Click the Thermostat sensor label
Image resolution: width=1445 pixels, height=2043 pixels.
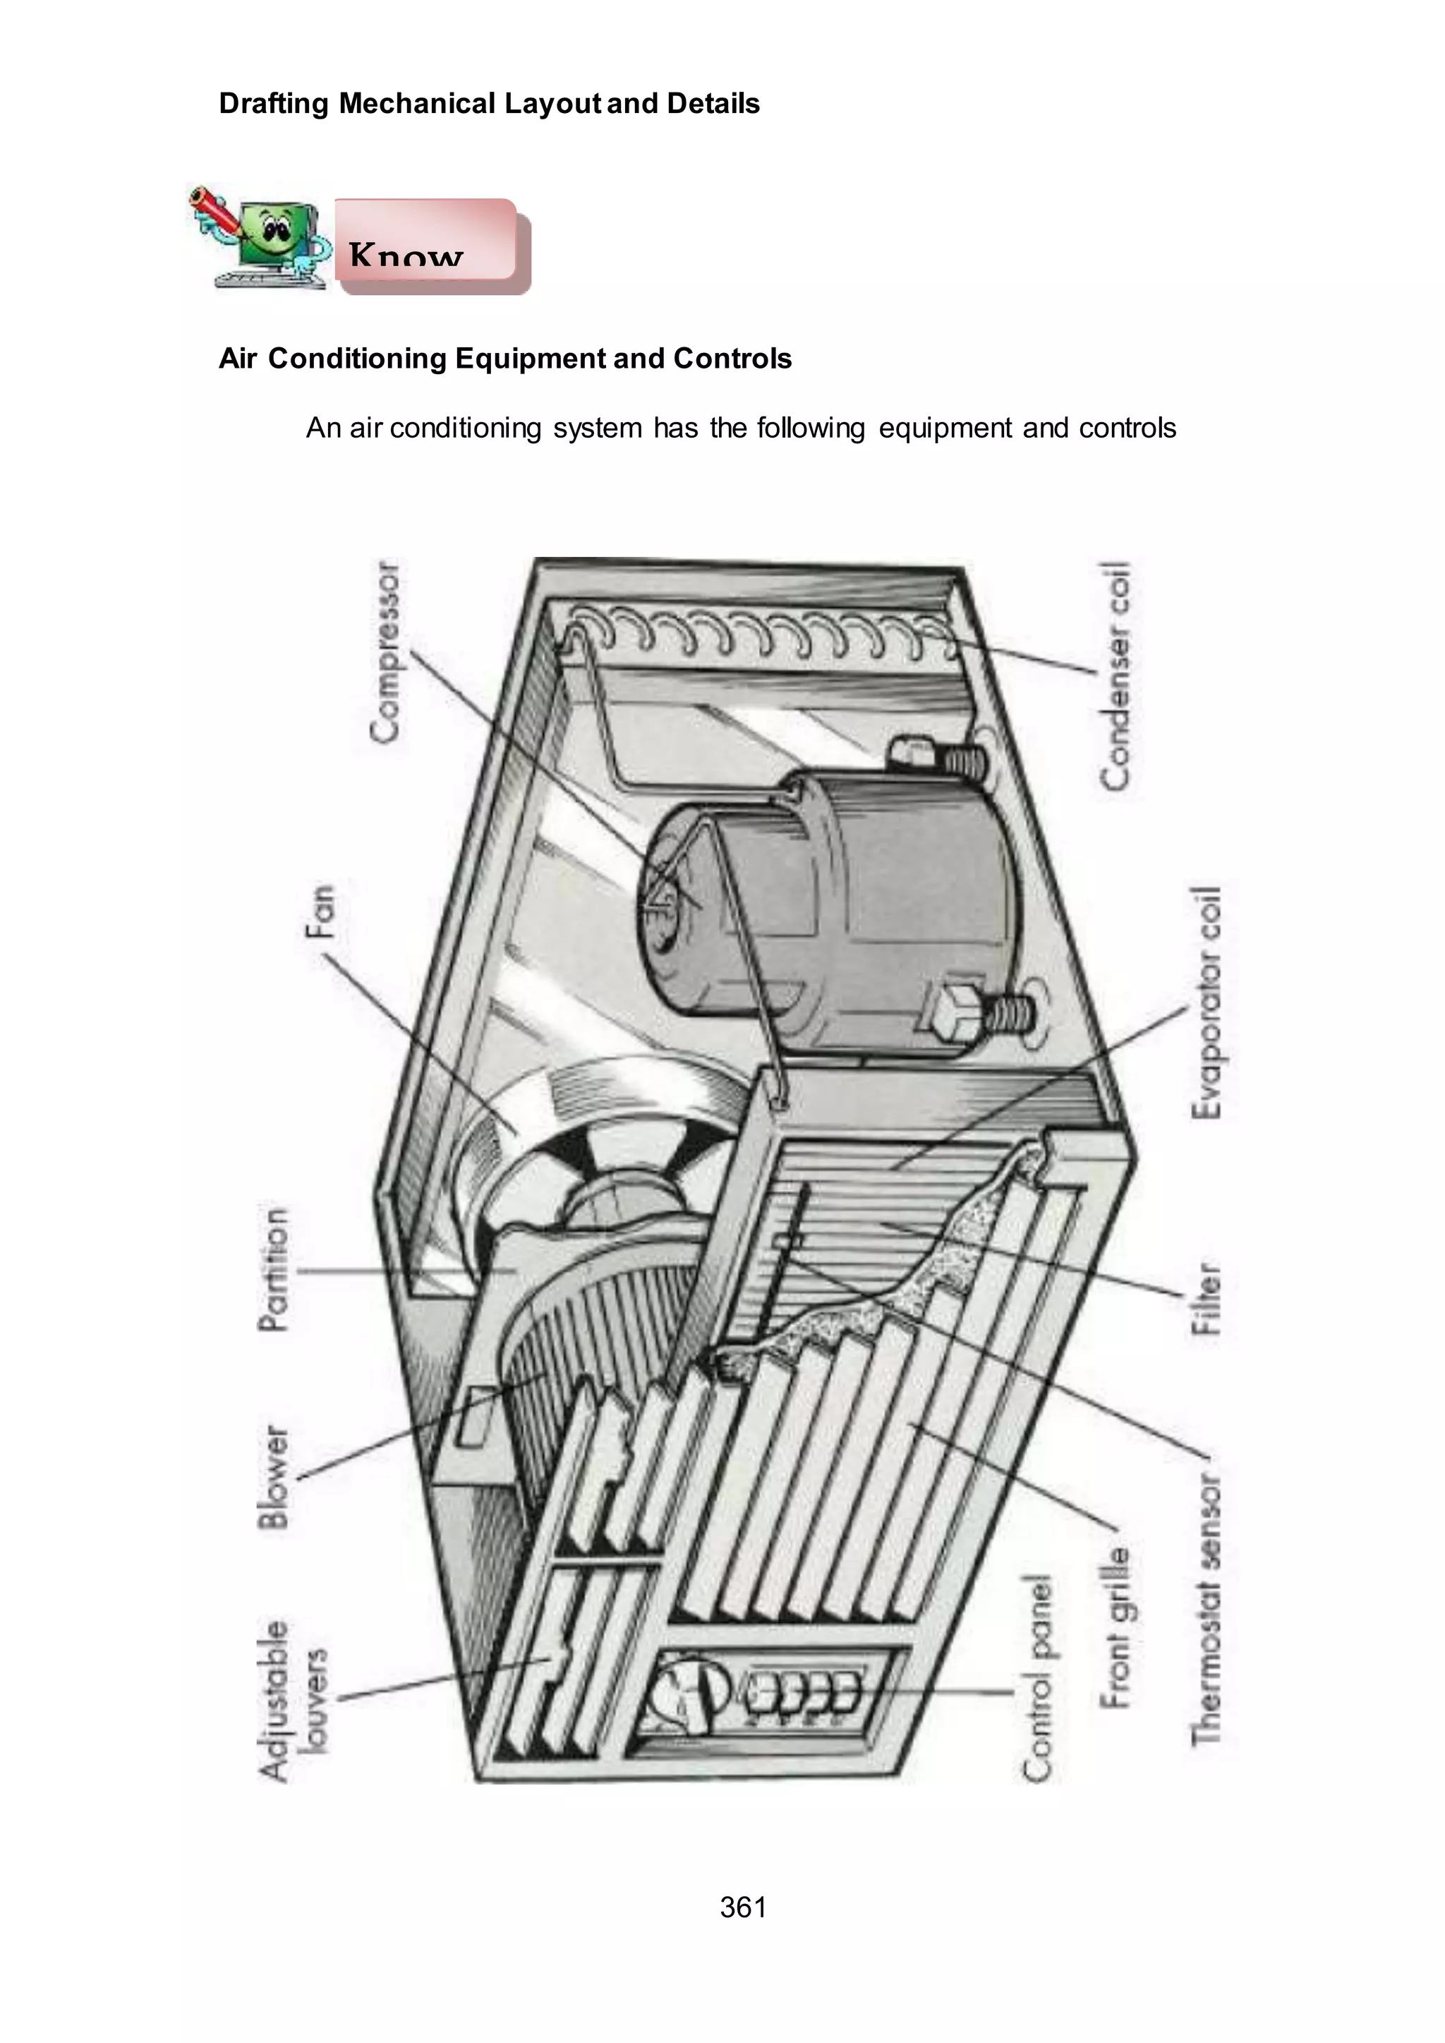[1207, 1609]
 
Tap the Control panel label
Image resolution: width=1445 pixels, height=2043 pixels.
[1036, 1678]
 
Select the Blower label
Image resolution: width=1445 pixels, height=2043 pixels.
[274, 1478]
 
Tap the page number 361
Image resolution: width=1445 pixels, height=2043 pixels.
[743, 1907]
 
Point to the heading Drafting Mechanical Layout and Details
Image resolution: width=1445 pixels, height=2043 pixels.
[488, 103]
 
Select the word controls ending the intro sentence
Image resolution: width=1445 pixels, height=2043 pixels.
[1127, 429]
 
